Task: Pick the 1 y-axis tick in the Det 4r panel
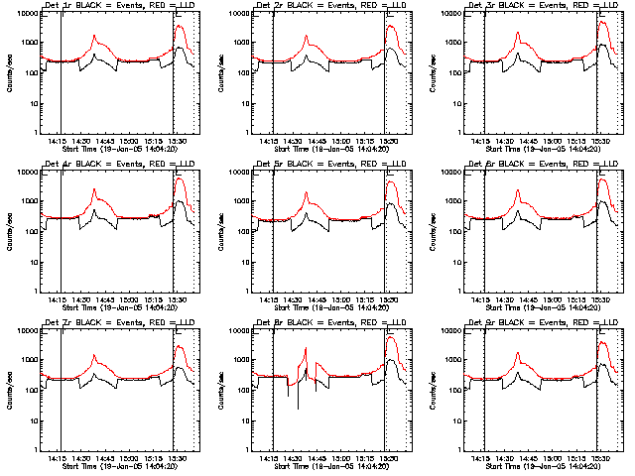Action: click(x=36, y=292)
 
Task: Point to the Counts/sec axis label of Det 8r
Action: click(x=220, y=389)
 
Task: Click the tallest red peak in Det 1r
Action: click(x=180, y=28)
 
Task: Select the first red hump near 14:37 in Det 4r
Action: click(x=95, y=189)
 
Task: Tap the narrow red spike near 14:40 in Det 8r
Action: click(x=307, y=348)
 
